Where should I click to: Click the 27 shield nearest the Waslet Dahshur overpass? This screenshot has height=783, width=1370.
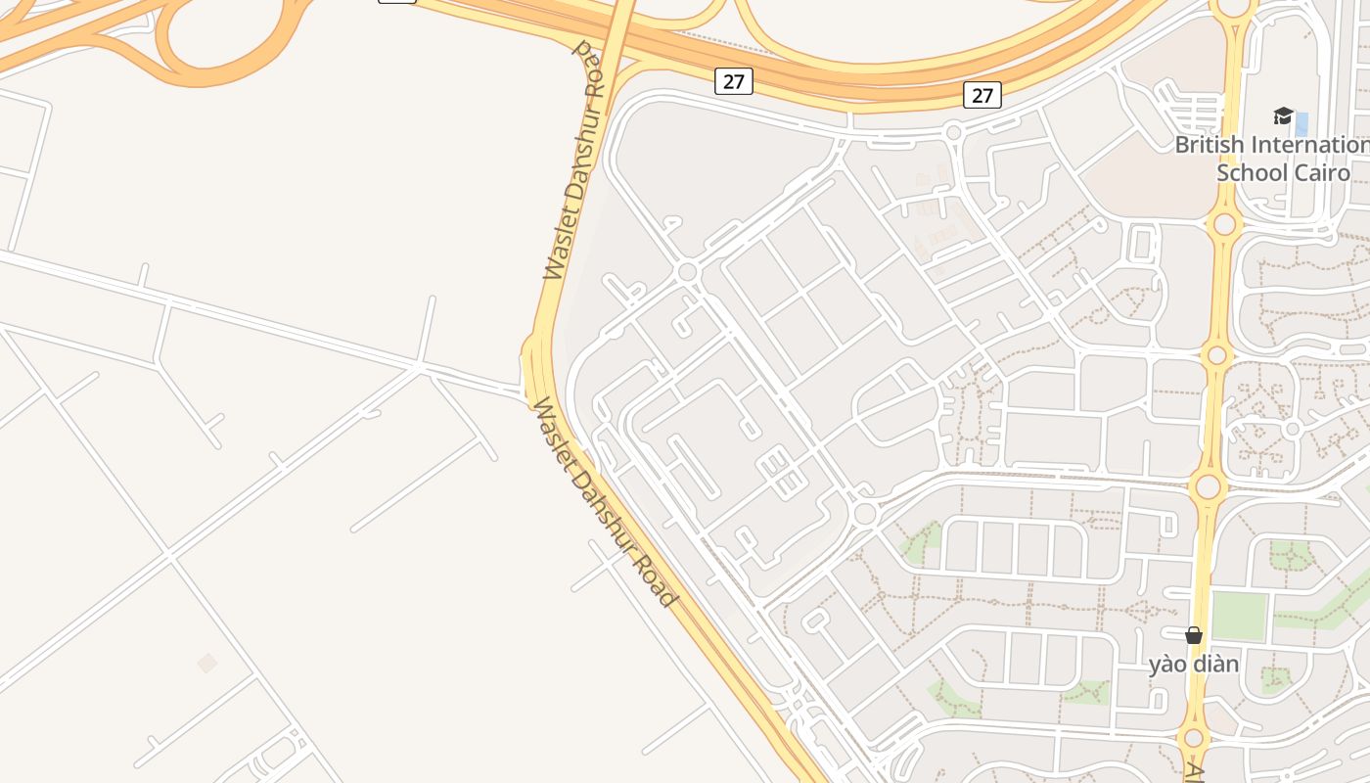click(x=733, y=81)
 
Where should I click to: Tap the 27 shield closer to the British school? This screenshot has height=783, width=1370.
click(x=982, y=94)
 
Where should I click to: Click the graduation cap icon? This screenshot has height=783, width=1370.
click(x=1283, y=116)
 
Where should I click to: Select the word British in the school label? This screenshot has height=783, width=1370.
click(x=1210, y=145)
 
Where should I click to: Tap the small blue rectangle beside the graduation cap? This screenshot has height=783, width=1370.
click(x=1301, y=124)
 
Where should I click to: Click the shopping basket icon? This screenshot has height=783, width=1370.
click(x=1193, y=635)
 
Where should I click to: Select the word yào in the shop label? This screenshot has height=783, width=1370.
click(x=1165, y=665)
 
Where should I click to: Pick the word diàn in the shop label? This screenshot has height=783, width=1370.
click(x=1215, y=665)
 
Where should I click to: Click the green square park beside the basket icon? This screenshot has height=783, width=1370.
click(x=1239, y=615)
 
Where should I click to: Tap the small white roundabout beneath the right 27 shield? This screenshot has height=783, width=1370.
click(x=954, y=132)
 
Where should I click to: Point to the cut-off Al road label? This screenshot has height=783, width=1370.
click(x=1194, y=772)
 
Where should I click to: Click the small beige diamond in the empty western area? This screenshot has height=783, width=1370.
click(x=206, y=663)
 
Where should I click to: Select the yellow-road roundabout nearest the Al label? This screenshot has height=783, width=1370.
click(x=1193, y=739)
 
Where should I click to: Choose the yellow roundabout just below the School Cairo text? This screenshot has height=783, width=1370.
click(x=1224, y=224)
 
